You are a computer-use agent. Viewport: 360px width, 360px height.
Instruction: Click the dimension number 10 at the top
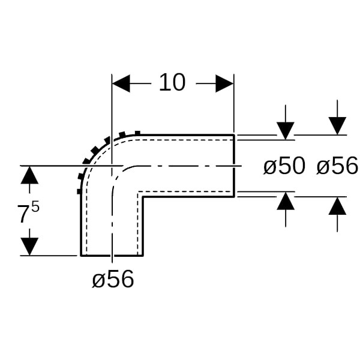[172, 82]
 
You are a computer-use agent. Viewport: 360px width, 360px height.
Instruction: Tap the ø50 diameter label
[284, 166]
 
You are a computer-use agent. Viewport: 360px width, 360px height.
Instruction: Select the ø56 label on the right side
[337, 166]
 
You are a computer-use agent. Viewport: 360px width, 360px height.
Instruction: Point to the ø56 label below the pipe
[113, 279]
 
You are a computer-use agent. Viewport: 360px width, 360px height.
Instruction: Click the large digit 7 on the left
[23, 214]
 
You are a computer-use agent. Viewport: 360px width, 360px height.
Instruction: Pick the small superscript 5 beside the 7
[35, 208]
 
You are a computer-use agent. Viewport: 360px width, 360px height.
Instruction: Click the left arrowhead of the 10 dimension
[121, 83]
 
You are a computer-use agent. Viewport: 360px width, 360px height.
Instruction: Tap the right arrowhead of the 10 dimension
[224, 83]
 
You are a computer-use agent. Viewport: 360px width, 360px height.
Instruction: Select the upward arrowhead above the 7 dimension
[29, 175]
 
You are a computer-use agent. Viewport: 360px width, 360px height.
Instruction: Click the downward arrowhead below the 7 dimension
[29, 247]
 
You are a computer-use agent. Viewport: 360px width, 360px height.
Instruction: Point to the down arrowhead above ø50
[286, 131]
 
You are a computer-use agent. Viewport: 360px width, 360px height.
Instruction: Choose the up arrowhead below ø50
[286, 200]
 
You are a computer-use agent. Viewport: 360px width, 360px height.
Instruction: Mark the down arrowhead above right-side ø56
[337, 126]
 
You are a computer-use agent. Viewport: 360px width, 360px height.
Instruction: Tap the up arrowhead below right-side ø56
[337, 206]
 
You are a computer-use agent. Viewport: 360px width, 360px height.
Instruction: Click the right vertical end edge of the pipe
[234, 166]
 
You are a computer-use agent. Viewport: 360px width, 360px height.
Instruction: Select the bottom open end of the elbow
[112, 255]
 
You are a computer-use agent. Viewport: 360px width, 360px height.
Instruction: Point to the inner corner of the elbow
[143, 197]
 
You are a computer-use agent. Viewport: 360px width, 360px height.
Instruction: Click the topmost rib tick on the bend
[137, 133]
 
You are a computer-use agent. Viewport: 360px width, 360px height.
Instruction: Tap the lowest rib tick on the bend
[79, 191]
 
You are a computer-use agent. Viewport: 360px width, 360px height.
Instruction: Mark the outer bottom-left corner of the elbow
[81, 256]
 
